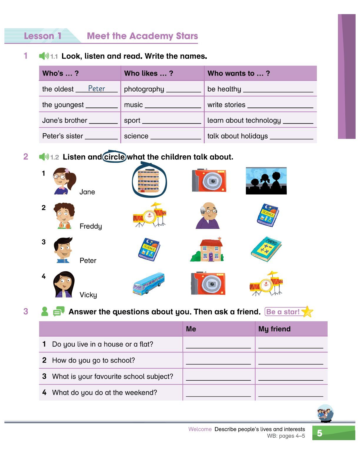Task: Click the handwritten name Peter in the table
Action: click(96, 89)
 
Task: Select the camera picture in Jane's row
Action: click(209, 180)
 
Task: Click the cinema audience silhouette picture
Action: click(266, 181)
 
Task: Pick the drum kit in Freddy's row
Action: click(149, 215)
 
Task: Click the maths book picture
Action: click(266, 249)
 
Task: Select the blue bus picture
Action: click(149, 284)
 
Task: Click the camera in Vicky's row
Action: click(208, 284)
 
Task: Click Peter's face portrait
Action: click(63, 250)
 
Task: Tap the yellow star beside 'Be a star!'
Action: click(307, 312)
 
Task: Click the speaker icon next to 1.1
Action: click(44, 56)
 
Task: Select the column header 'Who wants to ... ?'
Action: click(239, 73)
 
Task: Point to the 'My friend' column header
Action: click(274, 329)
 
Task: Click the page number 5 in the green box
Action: click(320, 433)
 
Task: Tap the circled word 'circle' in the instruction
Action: click(114, 157)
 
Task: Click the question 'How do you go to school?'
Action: click(93, 360)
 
